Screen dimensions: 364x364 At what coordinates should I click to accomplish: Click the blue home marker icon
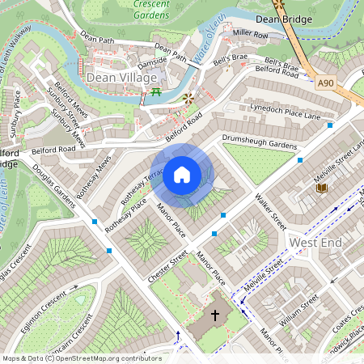pyautogui.click(x=182, y=175)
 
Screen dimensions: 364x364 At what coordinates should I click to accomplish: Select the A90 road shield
pyautogui.click(x=325, y=83)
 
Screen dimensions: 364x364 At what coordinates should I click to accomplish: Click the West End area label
pyautogui.click(x=315, y=243)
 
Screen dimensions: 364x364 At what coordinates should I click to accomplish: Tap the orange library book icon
pyautogui.click(x=322, y=188)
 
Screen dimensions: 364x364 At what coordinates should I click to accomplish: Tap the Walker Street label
pyautogui.click(x=270, y=209)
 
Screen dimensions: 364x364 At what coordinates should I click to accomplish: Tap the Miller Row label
pyautogui.click(x=250, y=34)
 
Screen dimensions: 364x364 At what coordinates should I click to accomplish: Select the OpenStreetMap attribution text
pyautogui.click(x=81, y=358)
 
